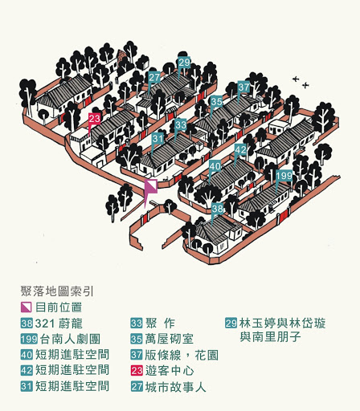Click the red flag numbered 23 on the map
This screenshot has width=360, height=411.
coord(94,119)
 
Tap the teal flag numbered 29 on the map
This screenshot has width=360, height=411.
coord(184,63)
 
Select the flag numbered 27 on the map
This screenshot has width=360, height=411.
coord(154,78)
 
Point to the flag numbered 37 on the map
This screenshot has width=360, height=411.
coord(243,87)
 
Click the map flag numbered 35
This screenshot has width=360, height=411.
coord(216,102)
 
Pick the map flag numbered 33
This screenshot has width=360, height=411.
coord(181,124)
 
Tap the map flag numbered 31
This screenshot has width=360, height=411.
coord(157,139)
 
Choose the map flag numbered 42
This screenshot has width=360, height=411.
coord(240,149)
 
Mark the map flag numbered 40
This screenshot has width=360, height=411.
coord(215,166)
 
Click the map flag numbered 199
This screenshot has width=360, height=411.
coord(284,176)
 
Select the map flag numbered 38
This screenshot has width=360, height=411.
coord(218,209)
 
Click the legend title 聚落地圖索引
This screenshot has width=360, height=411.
coord(57,291)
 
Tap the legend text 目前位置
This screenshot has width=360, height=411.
coord(59,307)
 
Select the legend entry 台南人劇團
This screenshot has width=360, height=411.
coord(70,339)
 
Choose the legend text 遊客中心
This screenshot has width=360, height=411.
coord(170,371)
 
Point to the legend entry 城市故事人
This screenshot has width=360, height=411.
coord(175,387)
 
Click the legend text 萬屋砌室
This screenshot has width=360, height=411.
coord(170,339)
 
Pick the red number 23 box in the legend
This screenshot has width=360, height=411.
coord(137,371)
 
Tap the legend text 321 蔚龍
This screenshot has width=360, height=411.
coord(59,324)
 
